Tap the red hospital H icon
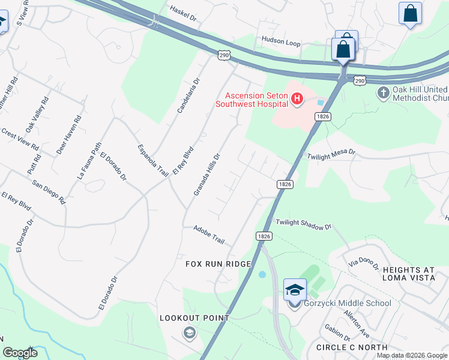(297, 100)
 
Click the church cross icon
(383, 93)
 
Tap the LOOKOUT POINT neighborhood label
(194, 318)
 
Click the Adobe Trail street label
(208, 235)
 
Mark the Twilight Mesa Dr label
(331, 154)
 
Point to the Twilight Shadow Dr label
(303, 224)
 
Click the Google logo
(20, 353)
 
